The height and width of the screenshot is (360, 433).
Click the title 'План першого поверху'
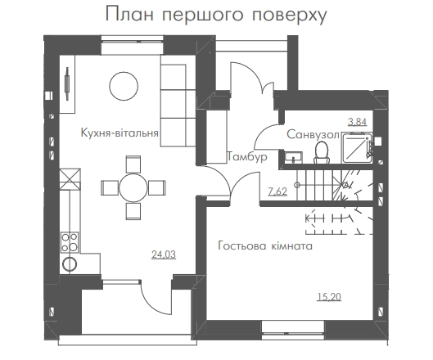[x=216, y=15]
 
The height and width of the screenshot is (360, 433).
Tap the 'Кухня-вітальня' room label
[x=120, y=133]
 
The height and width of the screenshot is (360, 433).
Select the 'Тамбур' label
[x=247, y=156]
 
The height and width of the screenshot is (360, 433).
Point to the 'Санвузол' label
[x=313, y=135]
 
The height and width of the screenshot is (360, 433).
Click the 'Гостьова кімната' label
[x=265, y=245]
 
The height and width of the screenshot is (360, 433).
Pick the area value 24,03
[x=164, y=254]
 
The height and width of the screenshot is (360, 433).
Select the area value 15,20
[x=329, y=297]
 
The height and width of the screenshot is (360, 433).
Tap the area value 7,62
[x=277, y=191]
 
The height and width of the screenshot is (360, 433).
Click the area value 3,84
[x=358, y=121]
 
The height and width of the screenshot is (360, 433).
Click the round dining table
[x=133, y=187]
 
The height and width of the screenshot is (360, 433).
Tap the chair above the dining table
[x=133, y=164]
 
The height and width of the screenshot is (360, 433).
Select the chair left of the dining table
[x=110, y=188]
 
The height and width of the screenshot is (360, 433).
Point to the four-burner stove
[x=70, y=242]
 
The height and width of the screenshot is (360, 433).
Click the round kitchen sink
[x=70, y=264]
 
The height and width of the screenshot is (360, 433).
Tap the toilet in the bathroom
[x=322, y=152]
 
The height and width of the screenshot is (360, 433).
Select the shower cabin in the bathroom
[x=357, y=147]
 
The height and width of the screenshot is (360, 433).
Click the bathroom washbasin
[x=293, y=157]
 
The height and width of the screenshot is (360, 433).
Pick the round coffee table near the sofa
[x=124, y=86]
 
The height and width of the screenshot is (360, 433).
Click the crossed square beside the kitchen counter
[x=70, y=179]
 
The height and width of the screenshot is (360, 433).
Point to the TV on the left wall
[x=67, y=83]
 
